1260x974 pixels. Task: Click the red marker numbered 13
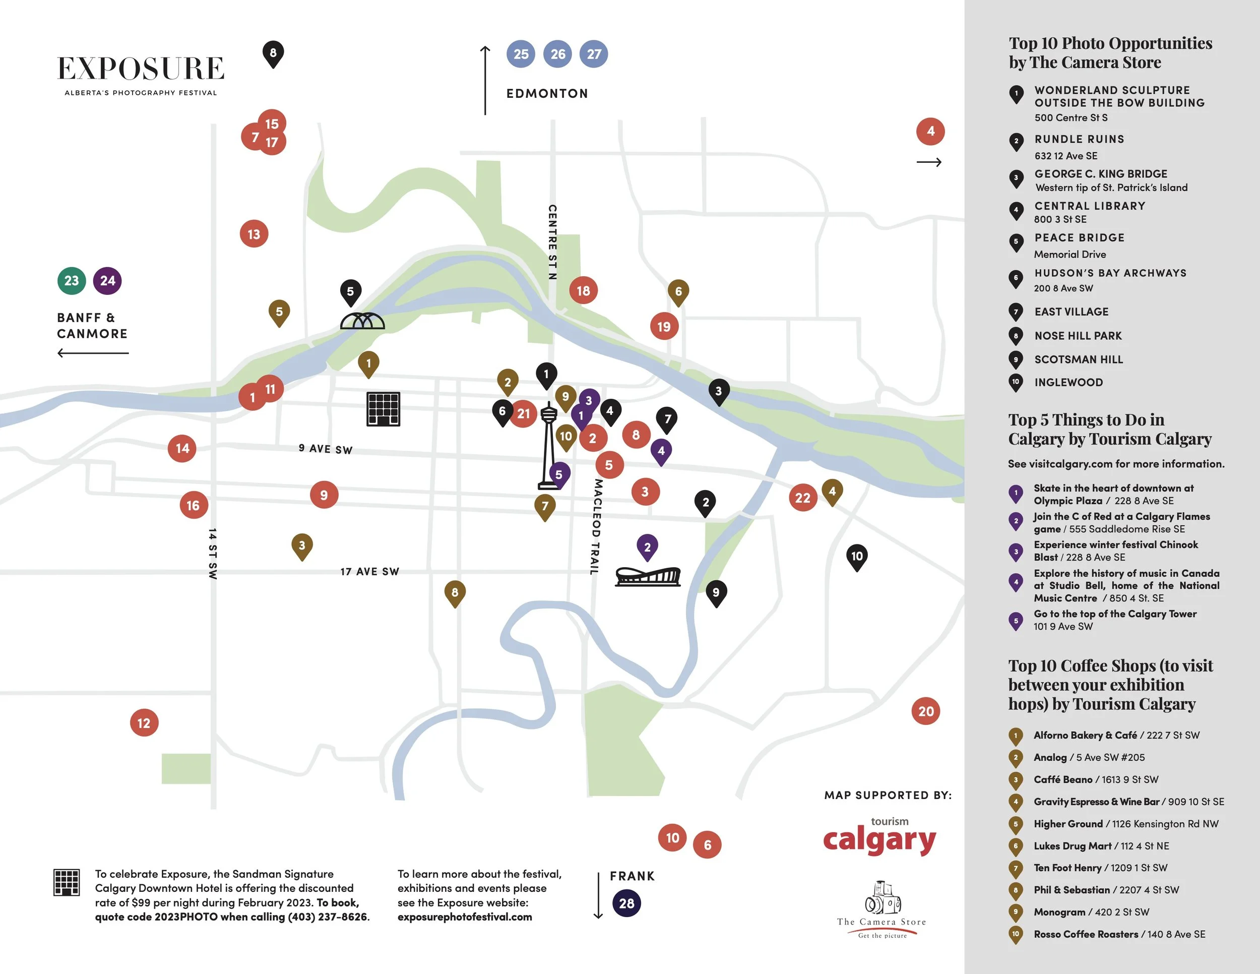coord(254,234)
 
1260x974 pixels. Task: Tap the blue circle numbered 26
coord(557,54)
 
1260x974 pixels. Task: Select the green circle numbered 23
coord(72,281)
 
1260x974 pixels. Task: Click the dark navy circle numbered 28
coord(626,903)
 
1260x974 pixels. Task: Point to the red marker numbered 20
coord(925,711)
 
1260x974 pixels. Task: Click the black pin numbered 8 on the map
coord(273,53)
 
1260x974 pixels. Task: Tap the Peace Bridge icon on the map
coord(362,321)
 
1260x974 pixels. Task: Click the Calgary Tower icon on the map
coord(549,447)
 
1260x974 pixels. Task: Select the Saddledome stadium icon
coord(648,576)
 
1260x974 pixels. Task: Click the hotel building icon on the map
coord(383,409)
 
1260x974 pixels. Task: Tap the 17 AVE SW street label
coord(370,572)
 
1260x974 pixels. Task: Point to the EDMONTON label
coord(547,93)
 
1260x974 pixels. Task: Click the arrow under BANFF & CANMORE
coord(93,352)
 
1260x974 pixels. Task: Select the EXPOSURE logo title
coord(141,69)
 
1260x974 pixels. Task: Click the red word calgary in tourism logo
coord(879,841)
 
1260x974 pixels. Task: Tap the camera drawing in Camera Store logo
coord(883,898)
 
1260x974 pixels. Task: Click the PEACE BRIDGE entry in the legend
coord(1079,238)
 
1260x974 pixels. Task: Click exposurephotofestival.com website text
coord(464,917)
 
